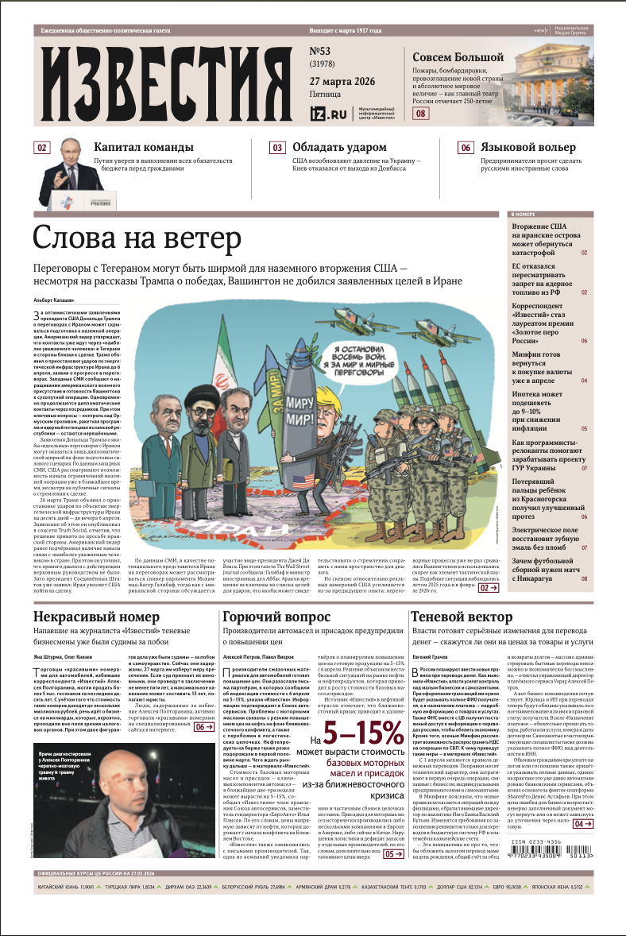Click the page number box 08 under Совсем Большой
pyautogui.click(x=421, y=114)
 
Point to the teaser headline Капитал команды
pyautogui.click(x=143, y=147)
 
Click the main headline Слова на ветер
pyautogui.click(x=137, y=238)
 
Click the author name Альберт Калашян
pyautogui.click(x=53, y=300)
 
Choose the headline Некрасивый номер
pyautogui.click(x=97, y=617)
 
